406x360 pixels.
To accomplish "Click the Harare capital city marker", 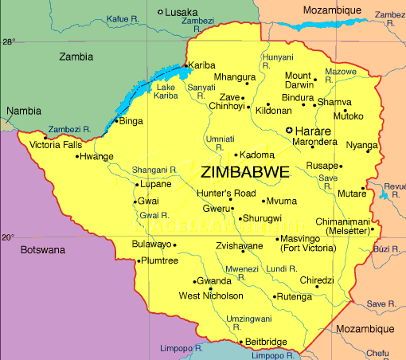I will tap(289, 130).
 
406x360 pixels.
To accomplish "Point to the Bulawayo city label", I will tap(151, 244).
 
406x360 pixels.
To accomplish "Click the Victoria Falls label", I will tap(54, 145).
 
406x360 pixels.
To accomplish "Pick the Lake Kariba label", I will tap(166, 91).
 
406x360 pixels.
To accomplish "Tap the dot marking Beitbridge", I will tap(238, 342).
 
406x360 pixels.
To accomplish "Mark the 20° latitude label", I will tap(8, 237).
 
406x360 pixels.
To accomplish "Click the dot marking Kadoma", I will tap(236, 155).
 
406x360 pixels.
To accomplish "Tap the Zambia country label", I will tap(76, 57).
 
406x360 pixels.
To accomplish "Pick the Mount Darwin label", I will tap(298, 80).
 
